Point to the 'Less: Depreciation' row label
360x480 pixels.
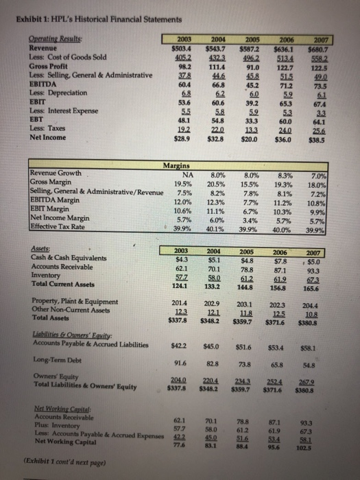tap(51, 90)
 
